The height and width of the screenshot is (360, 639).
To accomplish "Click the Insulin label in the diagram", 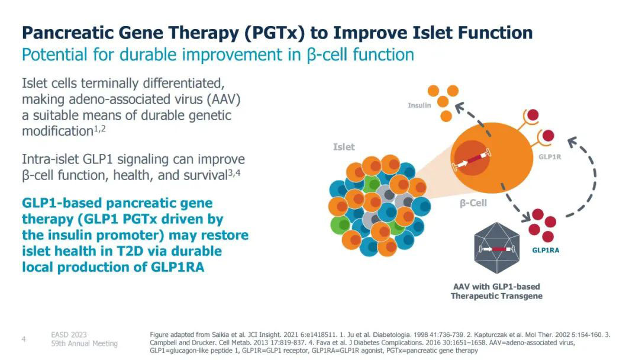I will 419,105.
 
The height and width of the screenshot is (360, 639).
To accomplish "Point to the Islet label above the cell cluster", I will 344,146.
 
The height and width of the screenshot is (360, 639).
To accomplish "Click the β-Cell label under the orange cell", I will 473,203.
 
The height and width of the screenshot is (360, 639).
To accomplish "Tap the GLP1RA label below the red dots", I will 545,250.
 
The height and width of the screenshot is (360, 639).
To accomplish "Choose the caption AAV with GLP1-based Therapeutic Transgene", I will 496,291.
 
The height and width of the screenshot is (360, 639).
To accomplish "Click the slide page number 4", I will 24,339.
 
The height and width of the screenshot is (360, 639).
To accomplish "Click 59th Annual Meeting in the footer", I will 84,343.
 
